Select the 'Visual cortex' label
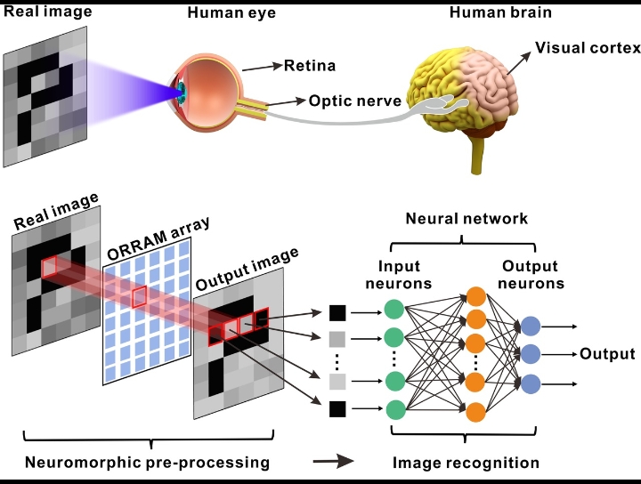588,47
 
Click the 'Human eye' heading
223,12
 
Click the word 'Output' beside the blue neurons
608,354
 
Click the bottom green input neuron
396,410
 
